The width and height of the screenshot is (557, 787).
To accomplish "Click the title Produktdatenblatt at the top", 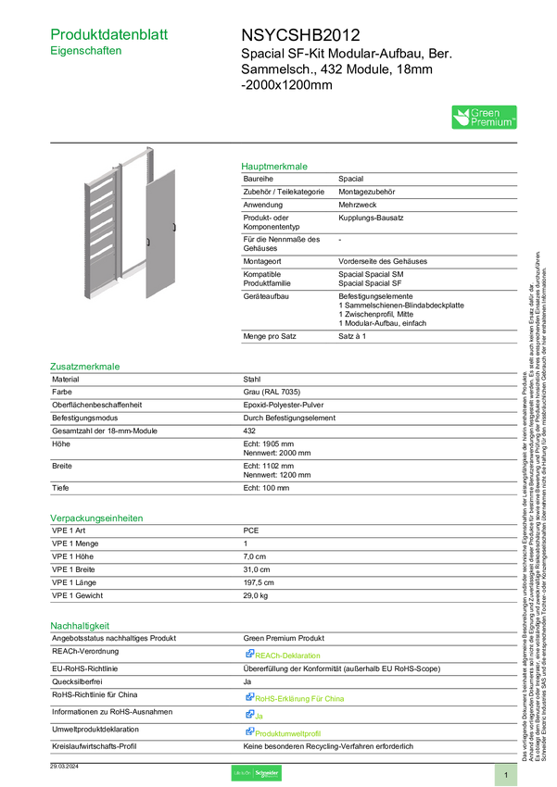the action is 109,34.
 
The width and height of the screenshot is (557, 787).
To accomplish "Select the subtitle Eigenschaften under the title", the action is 85,53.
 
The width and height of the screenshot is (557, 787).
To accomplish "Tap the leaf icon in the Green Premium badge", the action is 461,118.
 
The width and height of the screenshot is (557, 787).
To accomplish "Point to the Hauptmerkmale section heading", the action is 274,168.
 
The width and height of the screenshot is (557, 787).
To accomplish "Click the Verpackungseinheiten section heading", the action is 95,518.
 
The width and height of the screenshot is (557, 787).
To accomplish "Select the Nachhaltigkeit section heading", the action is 81,626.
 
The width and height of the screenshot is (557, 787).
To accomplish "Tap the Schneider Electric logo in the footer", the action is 255,773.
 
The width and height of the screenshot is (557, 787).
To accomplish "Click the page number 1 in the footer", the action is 506,774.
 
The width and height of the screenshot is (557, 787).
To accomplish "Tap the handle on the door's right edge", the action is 174,228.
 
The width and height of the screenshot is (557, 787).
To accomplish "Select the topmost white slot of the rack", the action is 101,184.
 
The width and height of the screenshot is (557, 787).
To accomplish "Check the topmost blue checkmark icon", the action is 249,655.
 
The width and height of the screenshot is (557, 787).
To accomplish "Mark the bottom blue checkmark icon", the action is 249,731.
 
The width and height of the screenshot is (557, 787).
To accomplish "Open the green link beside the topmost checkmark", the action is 288,656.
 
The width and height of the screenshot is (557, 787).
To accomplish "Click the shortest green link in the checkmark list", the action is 260,716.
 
